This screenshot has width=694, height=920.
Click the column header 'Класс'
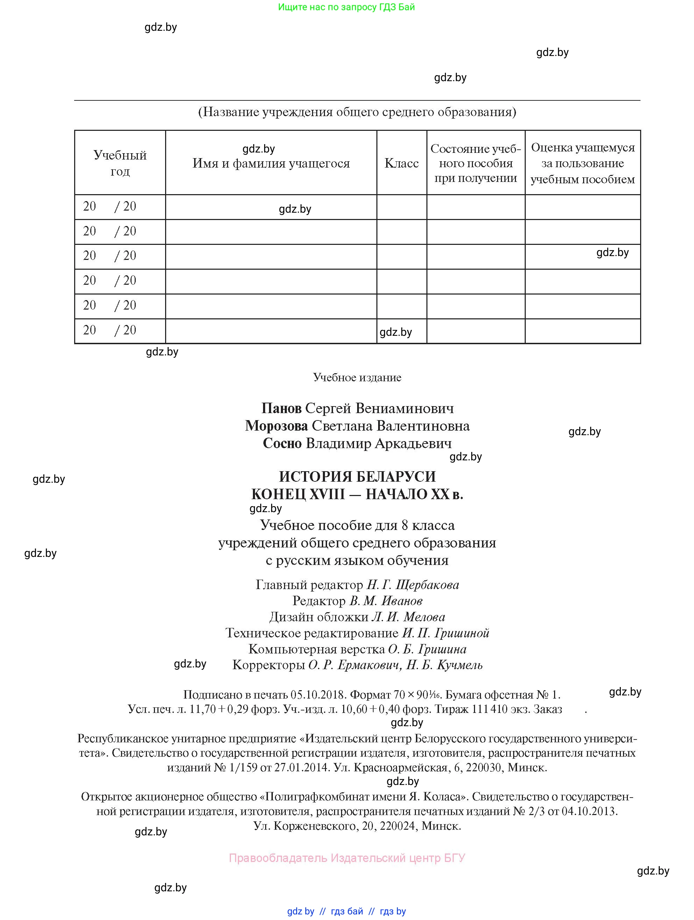click(401, 163)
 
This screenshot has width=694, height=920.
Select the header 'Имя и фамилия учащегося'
click(271, 163)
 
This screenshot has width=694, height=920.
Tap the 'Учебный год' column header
click(120, 163)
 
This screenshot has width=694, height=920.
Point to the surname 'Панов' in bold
click(281, 409)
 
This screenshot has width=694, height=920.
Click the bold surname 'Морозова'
click(276, 426)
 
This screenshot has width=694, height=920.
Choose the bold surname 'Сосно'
click(282, 443)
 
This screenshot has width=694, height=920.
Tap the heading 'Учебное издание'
click(357, 378)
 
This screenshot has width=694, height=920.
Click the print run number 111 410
click(491, 709)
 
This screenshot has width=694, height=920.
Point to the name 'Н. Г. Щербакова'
click(412, 585)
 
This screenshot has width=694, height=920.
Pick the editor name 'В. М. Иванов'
click(386, 601)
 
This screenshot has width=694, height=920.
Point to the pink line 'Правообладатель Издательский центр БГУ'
click(347, 858)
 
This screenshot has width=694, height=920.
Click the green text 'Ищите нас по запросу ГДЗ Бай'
click(346, 7)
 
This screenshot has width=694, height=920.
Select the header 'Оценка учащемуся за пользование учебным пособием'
click(582, 163)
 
